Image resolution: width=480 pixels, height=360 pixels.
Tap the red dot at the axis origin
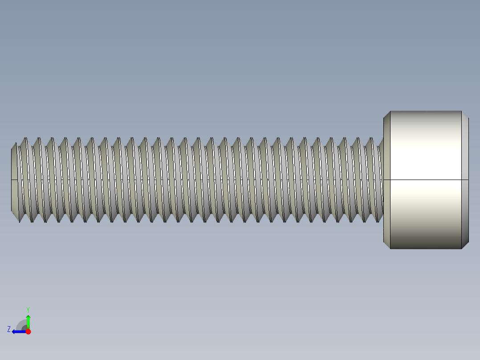pos(28,331)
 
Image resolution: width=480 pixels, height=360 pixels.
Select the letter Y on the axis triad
pos(28,309)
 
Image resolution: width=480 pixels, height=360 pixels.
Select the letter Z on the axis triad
pos(9,329)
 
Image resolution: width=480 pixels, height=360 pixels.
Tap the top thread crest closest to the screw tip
pos(25,139)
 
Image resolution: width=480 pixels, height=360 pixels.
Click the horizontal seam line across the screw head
pos(426,180)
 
